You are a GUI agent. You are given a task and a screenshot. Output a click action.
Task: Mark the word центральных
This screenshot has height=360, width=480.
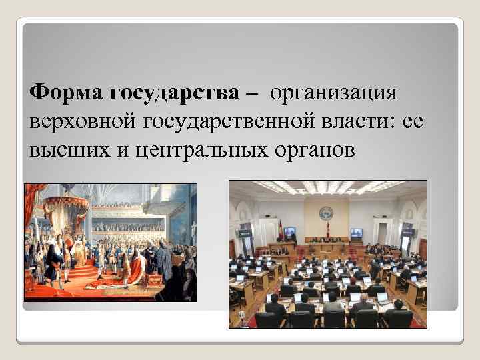click(x=189, y=151)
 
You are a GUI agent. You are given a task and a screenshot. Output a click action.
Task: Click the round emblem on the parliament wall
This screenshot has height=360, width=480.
click(x=326, y=215)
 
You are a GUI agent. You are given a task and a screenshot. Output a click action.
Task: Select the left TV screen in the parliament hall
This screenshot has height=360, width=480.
click(x=289, y=233)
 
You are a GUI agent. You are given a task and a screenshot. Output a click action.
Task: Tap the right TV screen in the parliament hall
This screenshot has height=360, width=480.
click(x=357, y=233)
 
